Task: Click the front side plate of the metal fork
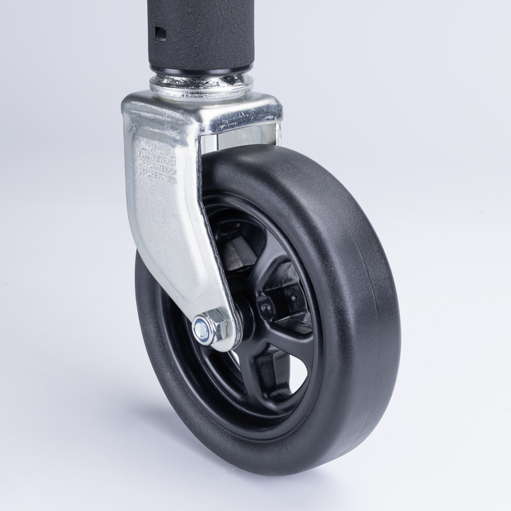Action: coord(170,218)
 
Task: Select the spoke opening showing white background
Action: coord(296,371)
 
